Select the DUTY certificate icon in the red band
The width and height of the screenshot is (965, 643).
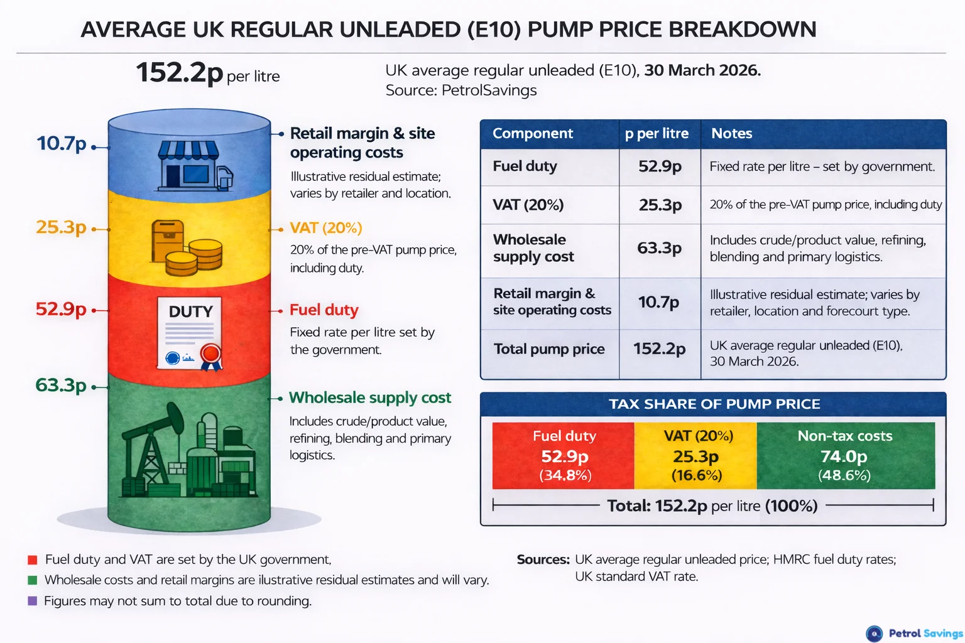[x=190, y=333]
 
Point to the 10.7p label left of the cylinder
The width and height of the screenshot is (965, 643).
[x=61, y=144]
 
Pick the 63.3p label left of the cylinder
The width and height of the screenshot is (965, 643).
[x=60, y=385]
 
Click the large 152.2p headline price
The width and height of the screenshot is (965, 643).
[x=179, y=73]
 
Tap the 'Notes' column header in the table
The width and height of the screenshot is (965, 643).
[x=731, y=134]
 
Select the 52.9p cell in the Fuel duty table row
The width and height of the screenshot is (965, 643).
[x=660, y=166]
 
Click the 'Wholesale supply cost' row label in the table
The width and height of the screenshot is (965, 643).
[x=533, y=248]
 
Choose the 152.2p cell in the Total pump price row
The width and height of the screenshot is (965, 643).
[x=659, y=349]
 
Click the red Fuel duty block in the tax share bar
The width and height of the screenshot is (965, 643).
[x=564, y=455]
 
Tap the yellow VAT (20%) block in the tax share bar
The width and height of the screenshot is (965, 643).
[x=696, y=455]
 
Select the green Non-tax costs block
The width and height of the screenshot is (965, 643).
[x=845, y=455]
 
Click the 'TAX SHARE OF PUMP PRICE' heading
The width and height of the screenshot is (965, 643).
[x=714, y=404]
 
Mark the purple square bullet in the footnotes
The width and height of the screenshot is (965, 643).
[x=33, y=601]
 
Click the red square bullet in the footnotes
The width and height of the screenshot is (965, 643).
[x=33, y=559]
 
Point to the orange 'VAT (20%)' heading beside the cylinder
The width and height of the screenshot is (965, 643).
[x=325, y=228]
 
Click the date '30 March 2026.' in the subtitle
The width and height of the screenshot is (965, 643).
[x=702, y=70]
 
